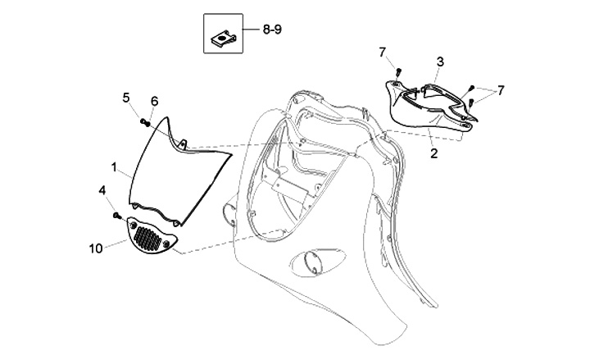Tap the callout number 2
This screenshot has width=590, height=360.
(x=433, y=153)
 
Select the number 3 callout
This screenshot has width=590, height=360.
(x=439, y=62)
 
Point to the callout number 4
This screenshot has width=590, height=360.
(x=102, y=190)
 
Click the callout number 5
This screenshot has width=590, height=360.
(x=126, y=98)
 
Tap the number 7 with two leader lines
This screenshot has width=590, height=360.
(x=501, y=89)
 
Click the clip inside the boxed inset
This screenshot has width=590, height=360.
(x=223, y=35)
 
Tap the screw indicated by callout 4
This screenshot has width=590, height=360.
(x=118, y=216)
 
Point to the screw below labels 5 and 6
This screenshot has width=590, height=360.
(x=146, y=122)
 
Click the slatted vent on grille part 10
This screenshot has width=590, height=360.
(x=150, y=239)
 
